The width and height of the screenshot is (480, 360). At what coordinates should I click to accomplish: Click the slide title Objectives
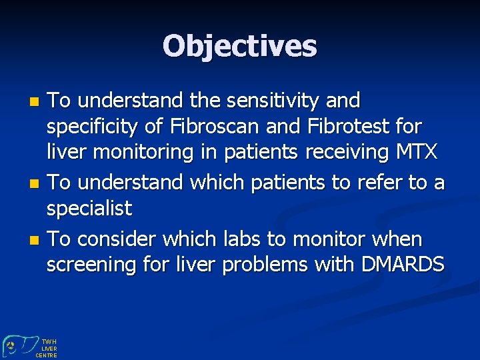[239, 46]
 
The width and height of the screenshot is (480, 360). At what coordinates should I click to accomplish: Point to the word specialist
[89, 208]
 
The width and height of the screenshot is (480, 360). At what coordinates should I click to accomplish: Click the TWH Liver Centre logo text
[49, 348]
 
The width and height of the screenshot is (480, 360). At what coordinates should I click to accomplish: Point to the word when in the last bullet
[397, 239]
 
